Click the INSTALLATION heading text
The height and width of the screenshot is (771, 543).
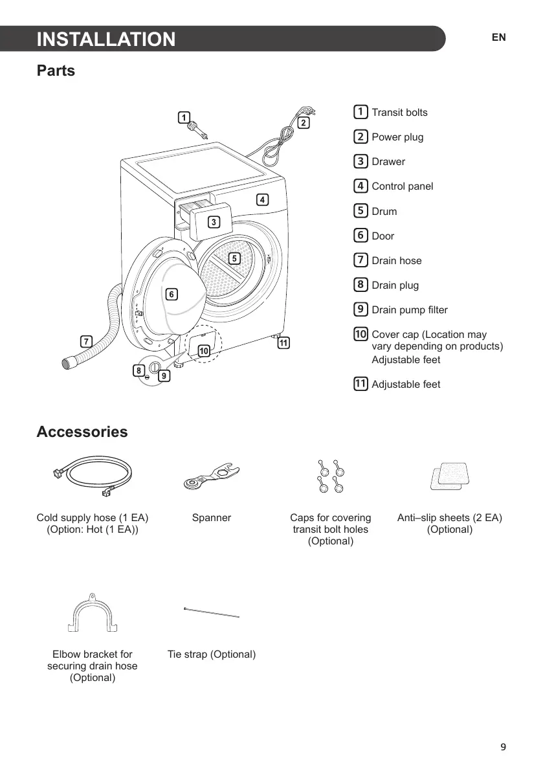106,39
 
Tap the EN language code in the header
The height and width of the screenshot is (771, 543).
498,38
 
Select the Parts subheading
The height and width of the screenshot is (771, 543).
56,71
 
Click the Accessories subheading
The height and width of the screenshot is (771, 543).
82,432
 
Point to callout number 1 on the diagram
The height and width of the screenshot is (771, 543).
184,117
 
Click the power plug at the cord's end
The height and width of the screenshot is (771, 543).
301,113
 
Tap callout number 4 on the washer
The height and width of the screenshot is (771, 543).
262,199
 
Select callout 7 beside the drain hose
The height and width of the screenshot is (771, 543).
85,341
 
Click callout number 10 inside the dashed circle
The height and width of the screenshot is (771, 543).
204,351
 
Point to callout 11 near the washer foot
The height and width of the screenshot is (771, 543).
283,343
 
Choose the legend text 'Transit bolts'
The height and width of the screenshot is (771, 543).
399,113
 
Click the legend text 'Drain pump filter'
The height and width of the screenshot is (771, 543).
410,310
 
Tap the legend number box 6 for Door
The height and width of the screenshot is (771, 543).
360,236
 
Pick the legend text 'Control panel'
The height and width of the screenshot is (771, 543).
402,186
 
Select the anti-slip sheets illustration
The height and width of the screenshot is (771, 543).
449,476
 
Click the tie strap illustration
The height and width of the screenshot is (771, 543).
212,612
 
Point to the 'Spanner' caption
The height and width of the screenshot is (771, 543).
212,518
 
